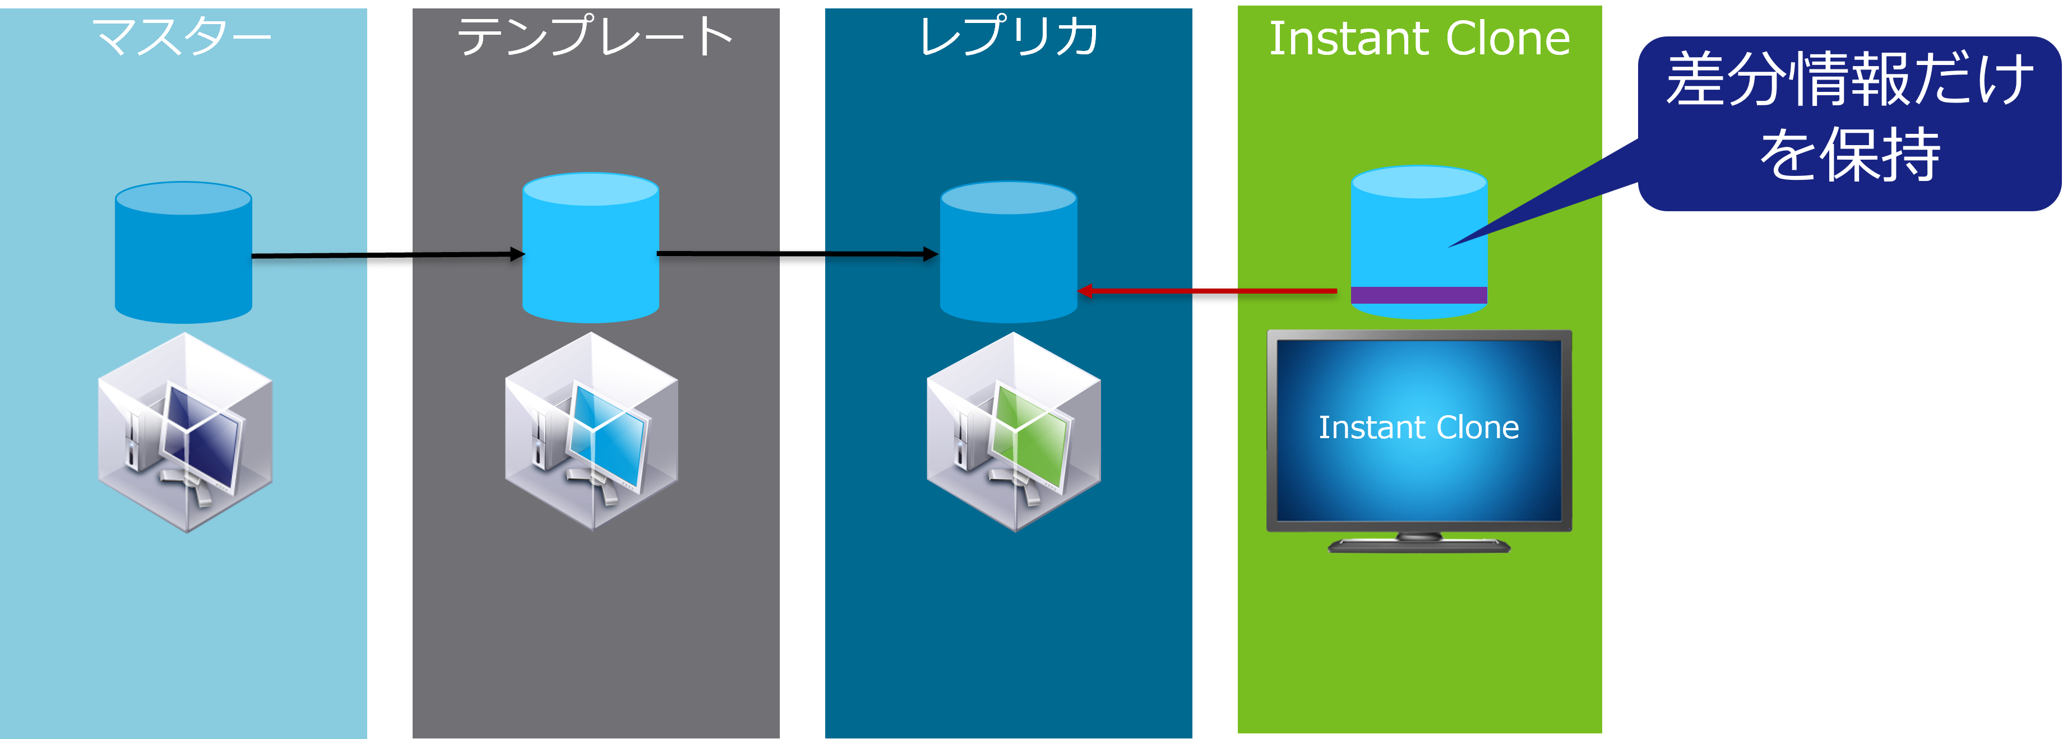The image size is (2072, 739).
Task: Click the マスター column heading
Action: point(183,37)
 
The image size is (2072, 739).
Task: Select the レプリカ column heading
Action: point(1009,37)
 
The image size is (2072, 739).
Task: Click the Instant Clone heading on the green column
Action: point(1419,39)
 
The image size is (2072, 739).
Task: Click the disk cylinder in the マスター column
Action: point(183,253)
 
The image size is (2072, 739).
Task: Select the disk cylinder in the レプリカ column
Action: point(1008,253)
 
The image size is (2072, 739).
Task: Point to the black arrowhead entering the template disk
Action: point(518,255)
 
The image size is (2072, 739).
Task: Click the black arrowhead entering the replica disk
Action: point(931,254)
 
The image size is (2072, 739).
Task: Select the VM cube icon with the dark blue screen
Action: point(186,433)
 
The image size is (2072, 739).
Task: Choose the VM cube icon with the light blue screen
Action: point(592,433)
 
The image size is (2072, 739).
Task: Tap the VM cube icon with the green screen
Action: point(1014,433)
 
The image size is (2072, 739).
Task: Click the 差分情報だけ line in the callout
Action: point(1850,79)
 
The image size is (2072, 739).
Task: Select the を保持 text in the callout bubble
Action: point(1850,155)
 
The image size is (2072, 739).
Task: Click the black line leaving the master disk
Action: point(309,255)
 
